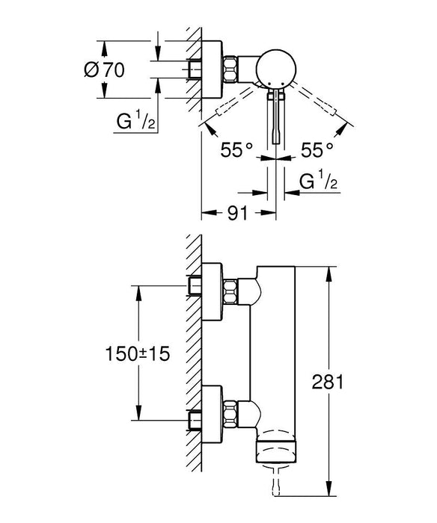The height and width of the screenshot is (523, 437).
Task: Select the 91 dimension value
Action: click(238, 213)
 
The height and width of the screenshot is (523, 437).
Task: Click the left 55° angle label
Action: click(236, 150)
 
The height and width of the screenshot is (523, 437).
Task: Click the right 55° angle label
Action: click(317, 150)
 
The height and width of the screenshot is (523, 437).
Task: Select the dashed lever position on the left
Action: click(224, 108)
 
